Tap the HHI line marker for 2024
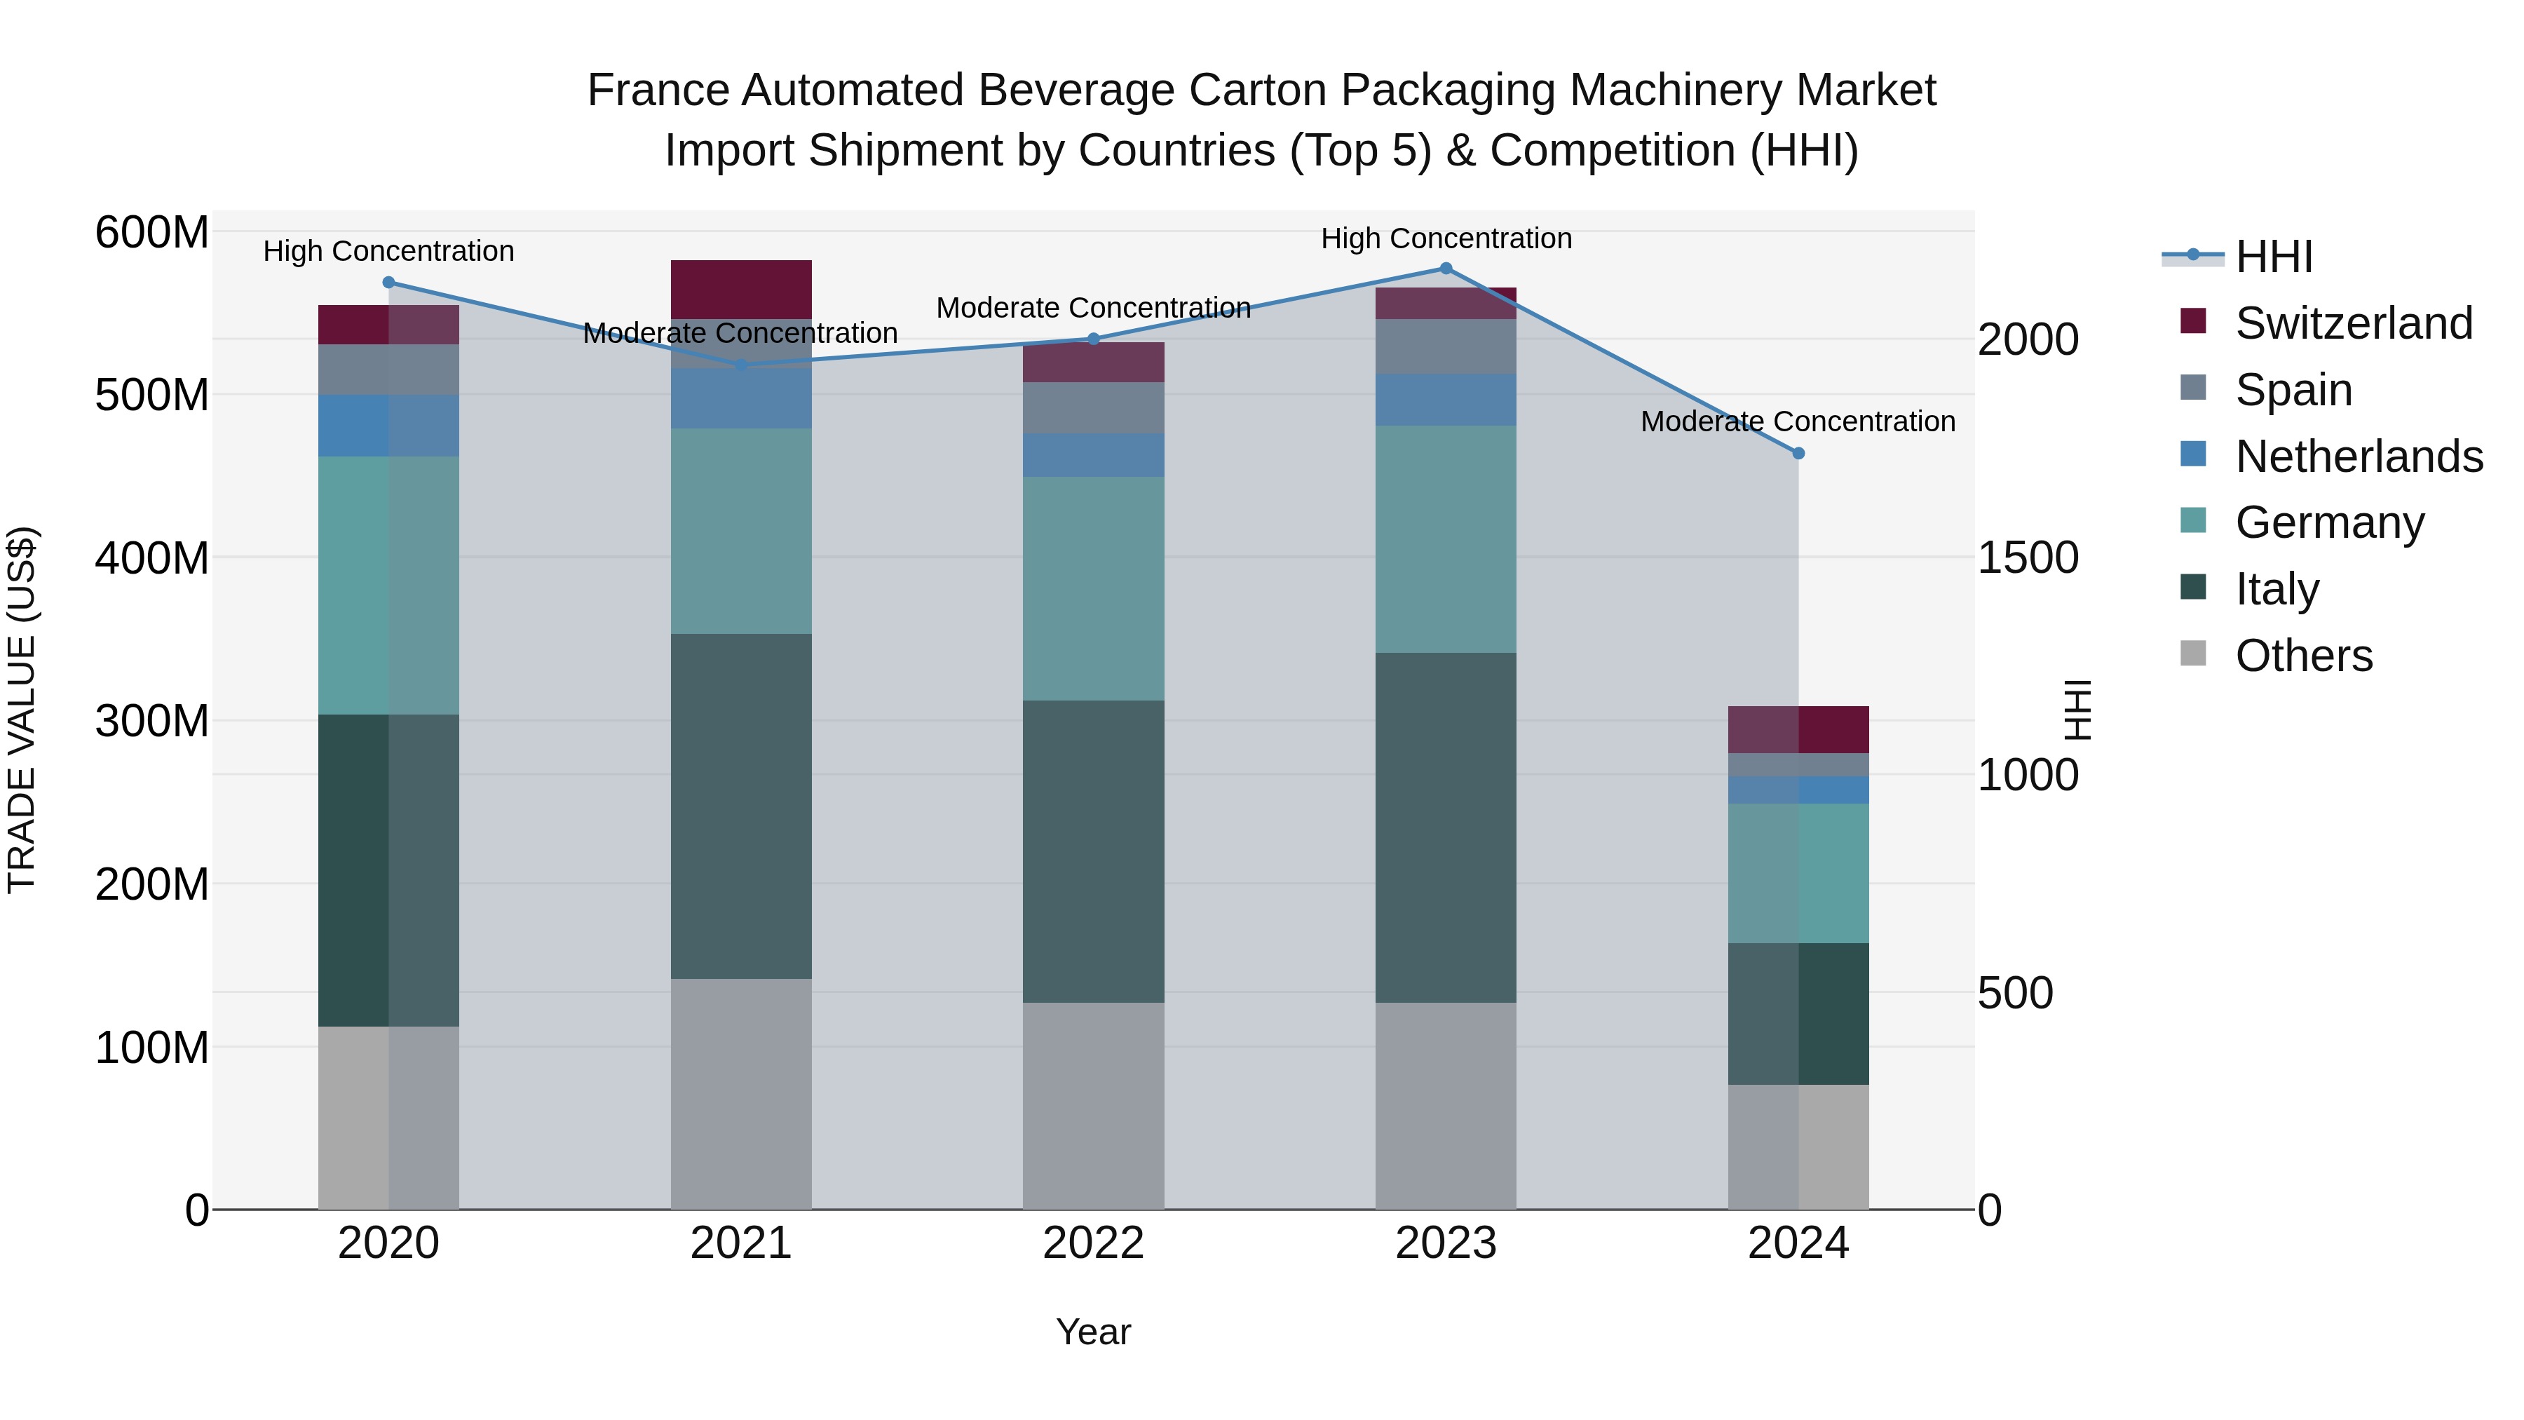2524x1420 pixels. (1798, 454)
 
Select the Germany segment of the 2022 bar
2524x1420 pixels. (1094, 588)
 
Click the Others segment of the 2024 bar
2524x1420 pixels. (1798, 1147)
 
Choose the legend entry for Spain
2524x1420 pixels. (2293, 390)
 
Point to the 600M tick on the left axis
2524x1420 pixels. (152, 234)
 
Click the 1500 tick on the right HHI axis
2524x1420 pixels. (2027, 557)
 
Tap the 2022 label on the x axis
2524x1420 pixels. (1094, 1243)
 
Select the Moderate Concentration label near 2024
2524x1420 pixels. (1798, 421)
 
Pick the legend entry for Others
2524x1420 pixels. (2302, 656)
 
